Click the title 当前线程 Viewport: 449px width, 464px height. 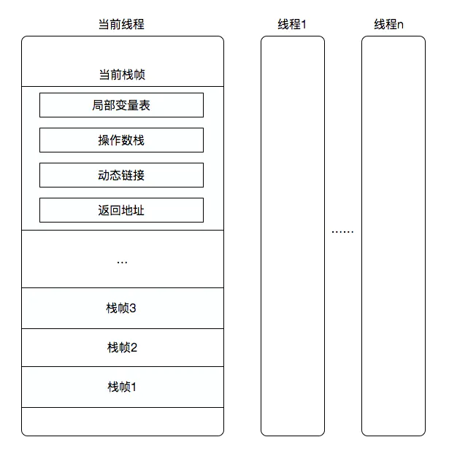click(x=121, y=24)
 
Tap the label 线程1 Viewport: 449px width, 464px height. click(x=292, y=24)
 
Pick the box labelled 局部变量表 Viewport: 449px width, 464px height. click(x=121, y=106)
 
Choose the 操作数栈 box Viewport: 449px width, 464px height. click(x=121, y=140)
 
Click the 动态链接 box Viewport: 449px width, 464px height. click(x=121, y=175)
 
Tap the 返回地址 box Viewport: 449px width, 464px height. click(x=121, y=210)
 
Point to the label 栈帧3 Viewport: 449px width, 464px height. click(x=122, y=308)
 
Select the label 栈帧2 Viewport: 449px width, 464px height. click(x=122, y=347)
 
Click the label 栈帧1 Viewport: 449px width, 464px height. click(x=122, y=387)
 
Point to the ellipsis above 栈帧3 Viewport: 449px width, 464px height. click(x=122, y=260)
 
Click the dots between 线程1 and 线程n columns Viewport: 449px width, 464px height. click(x=342, y=231)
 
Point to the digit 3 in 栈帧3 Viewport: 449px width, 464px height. click(x=134, y=308)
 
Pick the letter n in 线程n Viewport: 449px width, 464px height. click(x=400, y=24)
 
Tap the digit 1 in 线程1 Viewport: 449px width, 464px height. click(x=303, y=24)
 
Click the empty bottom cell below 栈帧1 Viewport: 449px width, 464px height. click(x=122, y=422)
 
